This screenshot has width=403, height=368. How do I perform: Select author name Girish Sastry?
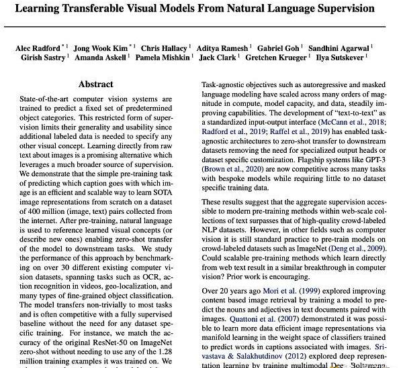[40, 59]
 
